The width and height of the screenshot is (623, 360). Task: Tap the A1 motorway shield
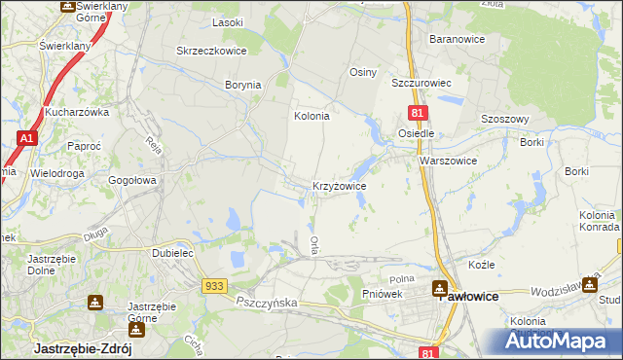[x=26, y=140]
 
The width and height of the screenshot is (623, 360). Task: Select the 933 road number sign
[x=215, y=285]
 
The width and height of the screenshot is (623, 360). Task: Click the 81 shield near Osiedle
[x=416, y=115]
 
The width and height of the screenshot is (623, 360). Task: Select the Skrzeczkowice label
[x=208, y=51]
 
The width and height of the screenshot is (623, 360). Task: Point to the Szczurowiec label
[x=424, y=84]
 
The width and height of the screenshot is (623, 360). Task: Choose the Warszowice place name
[x=448, y=161]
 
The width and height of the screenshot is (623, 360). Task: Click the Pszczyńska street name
[x=267, y=303]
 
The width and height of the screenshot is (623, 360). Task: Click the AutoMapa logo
[x=561, y=342]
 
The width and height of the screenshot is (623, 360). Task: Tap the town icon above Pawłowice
[x=442, y=289]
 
